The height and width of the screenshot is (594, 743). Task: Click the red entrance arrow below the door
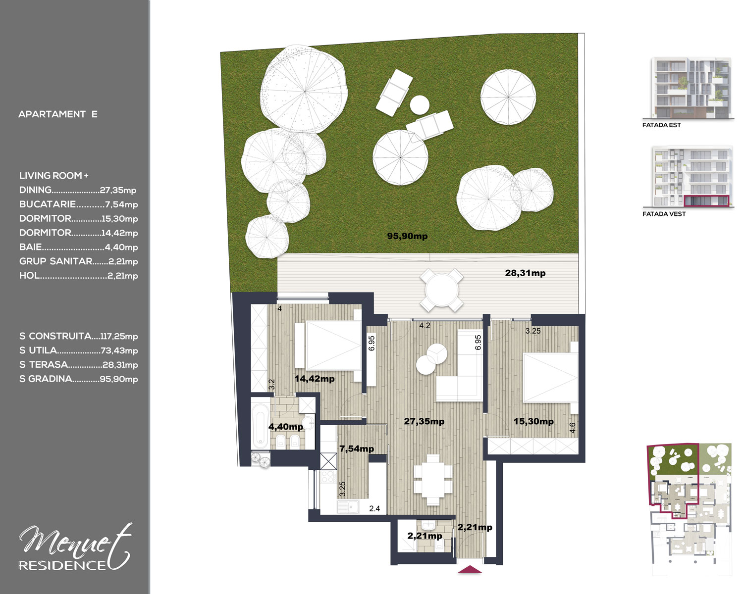[x=470, y=569]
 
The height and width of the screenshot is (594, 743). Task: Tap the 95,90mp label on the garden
[x=407, y=236]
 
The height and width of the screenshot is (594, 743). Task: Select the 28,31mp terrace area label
[x=525, y=273]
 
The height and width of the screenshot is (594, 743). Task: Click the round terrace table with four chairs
[x=441, y=290]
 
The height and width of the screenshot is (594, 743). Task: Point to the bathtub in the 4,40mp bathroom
[x=261, y=424]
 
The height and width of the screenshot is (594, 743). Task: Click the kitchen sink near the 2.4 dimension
[x=348, y=507]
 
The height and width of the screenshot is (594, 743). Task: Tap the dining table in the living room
[x=433, y=480]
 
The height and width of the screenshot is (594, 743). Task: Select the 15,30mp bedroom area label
[x=533, y=421]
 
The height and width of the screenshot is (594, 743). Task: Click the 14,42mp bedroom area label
[x=314, y=379]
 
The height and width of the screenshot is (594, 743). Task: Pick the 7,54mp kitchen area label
[x=357, y=448]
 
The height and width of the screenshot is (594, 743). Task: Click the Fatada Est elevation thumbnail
[x=691, y=88]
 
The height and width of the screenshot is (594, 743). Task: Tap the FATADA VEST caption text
[x=664, y=214]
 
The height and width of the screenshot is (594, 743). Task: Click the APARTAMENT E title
[x=57, y=114]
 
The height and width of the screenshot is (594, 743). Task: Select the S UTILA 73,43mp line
[x=78, y=350]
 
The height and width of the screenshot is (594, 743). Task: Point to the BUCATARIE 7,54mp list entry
[x=78, y=204]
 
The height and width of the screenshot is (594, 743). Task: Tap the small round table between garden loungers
[x=420, y=104]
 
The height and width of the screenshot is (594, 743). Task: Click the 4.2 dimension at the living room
[x=425, y=326]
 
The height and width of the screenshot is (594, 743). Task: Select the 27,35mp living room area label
[x=424, y=421]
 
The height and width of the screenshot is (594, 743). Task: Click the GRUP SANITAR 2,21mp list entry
[x=78, y=261]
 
